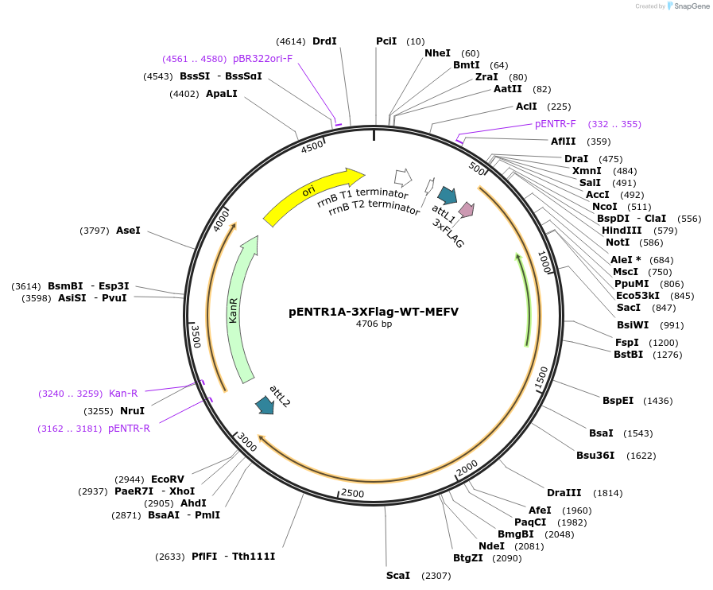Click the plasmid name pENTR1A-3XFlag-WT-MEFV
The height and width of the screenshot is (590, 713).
pyautogui.click(x=374, y=312)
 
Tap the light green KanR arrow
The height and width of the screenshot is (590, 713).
pyautogui.click(x=239, y=310)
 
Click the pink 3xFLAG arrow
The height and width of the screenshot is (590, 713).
pyautogui.click(x=467, y=210)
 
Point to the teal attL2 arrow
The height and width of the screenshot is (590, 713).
pyautogui.click(x=264, y=405)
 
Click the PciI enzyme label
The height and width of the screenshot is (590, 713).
pyautogui.click(x=386, y=41)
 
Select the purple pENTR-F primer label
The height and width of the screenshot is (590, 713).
pyautogui.click(x=555, y=124)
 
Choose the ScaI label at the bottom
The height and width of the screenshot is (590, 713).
pyautogui.click(x=397, y=575)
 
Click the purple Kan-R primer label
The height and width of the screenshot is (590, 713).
pyautogui.click(x=123, y=393)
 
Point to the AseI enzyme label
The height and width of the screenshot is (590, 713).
pyautogui.click(x=128, y=231)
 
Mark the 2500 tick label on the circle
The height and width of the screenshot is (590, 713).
pyautogui.click(x=352, y=494)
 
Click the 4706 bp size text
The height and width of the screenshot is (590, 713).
pyautogui.click(x=374, y=324)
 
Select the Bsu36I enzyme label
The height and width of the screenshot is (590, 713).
pyautogui.click(x=595, y=456)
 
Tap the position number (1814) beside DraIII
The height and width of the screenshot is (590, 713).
pyautogui.click(x=608, y=493)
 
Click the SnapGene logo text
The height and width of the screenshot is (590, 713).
pyautogui.click(x=688, y=6)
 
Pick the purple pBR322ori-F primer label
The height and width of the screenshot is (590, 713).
pyautogui.click(x=262, y=59)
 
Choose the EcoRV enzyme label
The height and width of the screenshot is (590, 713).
pyautogui.click(x=168, y=479)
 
